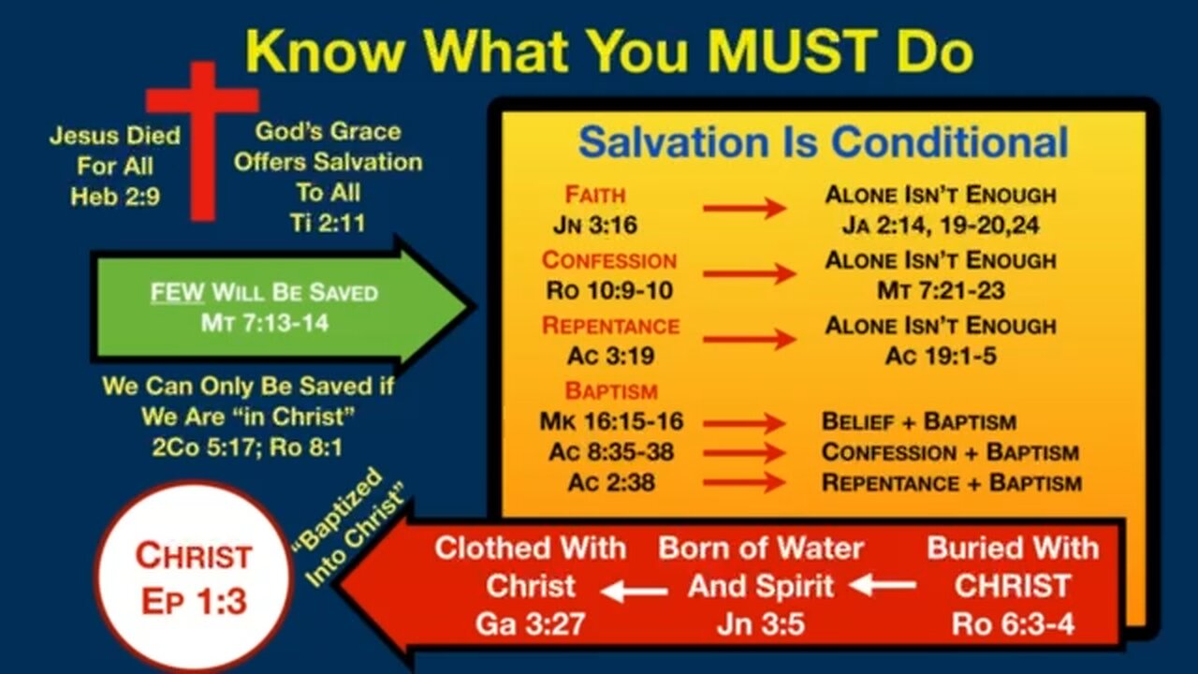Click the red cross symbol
point(203,140)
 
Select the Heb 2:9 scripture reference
point(115,197)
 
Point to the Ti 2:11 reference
point(328,223)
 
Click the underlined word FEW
point(177,293)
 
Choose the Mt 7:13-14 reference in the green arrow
point(265,323)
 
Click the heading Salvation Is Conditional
point(823,141)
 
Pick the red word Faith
point(594,195)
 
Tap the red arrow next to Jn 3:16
point(744,208)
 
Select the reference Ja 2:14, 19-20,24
point(941,225)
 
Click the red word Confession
point(609,260)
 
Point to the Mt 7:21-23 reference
point(941,290)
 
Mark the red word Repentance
point(610,326)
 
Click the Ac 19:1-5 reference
point(941,356)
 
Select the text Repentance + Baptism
point(952,482)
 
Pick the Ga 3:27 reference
point(530,623)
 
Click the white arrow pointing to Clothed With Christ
point(635,591)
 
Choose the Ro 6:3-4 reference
point(1013,623)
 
